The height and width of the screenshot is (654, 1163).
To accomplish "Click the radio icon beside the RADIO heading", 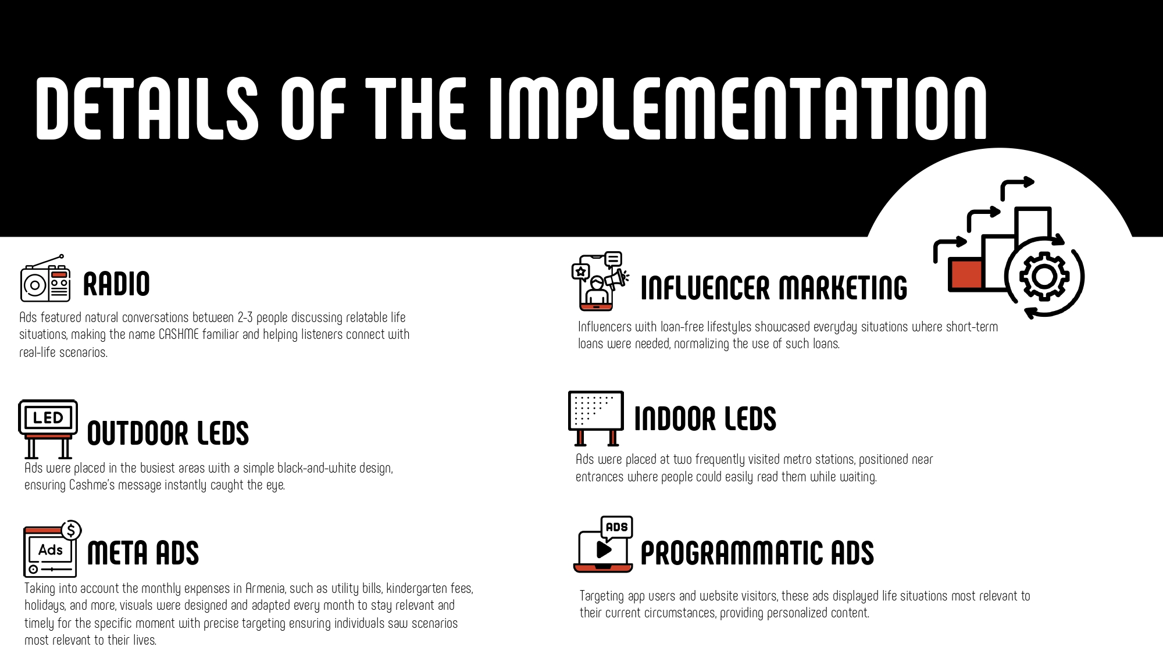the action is [45, 278].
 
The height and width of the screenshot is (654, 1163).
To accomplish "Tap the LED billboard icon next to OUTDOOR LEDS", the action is [48, 429].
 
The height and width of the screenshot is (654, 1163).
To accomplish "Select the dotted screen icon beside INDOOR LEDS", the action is [595, 418].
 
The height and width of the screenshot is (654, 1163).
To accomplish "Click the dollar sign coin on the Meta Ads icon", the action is [71, 530].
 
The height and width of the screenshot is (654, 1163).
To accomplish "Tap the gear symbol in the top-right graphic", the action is [1044, 276].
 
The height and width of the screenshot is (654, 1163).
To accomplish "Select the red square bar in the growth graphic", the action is [965, 274].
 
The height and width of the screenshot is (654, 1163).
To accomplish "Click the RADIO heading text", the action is [116, 284].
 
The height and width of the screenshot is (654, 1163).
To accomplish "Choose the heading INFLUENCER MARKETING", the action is [773, 288].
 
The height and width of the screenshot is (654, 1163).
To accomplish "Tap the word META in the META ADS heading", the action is [118, 552].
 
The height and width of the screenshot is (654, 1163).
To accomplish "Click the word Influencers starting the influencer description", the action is [605, 327].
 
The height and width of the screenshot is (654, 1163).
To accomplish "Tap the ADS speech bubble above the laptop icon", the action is [616, 527].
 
